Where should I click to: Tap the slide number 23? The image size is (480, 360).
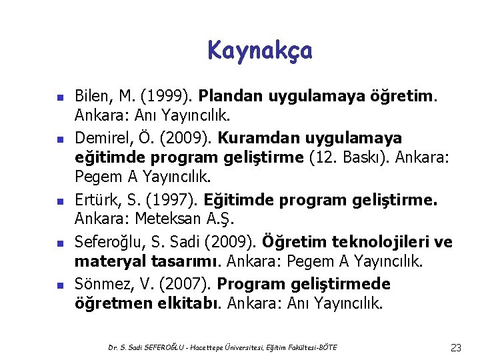(x=456, y=347)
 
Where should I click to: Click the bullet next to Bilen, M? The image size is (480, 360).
(x=58, y=98)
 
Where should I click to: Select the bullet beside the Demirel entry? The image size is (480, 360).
(x=58, y=141)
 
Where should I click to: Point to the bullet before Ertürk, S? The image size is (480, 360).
(x=58, y=200)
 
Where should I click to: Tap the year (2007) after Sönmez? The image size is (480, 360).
(x=189, y=284)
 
